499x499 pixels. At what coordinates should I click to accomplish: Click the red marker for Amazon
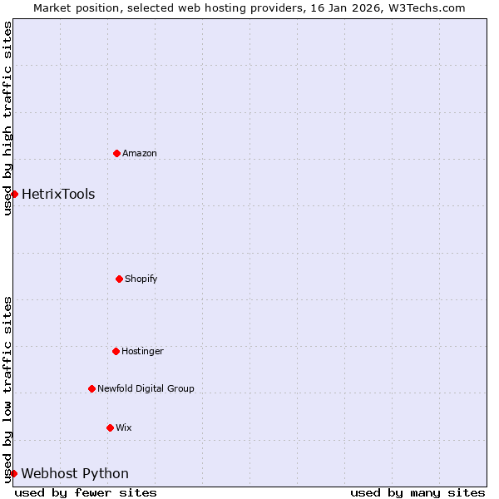pos(116,153)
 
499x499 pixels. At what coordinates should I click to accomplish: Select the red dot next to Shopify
pos(119,279)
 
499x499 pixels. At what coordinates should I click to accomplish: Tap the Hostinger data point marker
pos(116,351)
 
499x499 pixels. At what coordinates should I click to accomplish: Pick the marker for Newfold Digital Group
pos(91,388)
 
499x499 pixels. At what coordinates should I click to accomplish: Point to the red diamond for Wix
pos(110,427)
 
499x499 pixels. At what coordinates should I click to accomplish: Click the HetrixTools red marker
pos(14,194)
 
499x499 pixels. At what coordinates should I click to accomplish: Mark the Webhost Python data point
pos(13,473)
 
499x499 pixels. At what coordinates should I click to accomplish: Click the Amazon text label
pos(140,153)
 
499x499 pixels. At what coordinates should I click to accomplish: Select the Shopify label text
pos(141,279)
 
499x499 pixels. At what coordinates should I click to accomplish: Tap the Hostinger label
pos(142,351)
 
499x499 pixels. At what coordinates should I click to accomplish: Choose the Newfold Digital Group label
pos(146,388)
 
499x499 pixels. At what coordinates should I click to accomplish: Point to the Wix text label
pos(124,427)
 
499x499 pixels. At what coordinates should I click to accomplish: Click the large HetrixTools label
pos(58,195)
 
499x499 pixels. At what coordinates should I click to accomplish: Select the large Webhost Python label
pos(75,474)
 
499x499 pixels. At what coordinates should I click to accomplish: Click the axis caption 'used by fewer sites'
pos(86,492)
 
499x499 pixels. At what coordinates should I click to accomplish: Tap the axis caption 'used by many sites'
pos(417,492)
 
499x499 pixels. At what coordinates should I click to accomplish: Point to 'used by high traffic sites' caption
pos(7,119)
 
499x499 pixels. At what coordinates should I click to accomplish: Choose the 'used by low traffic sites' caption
pos(7,388)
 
